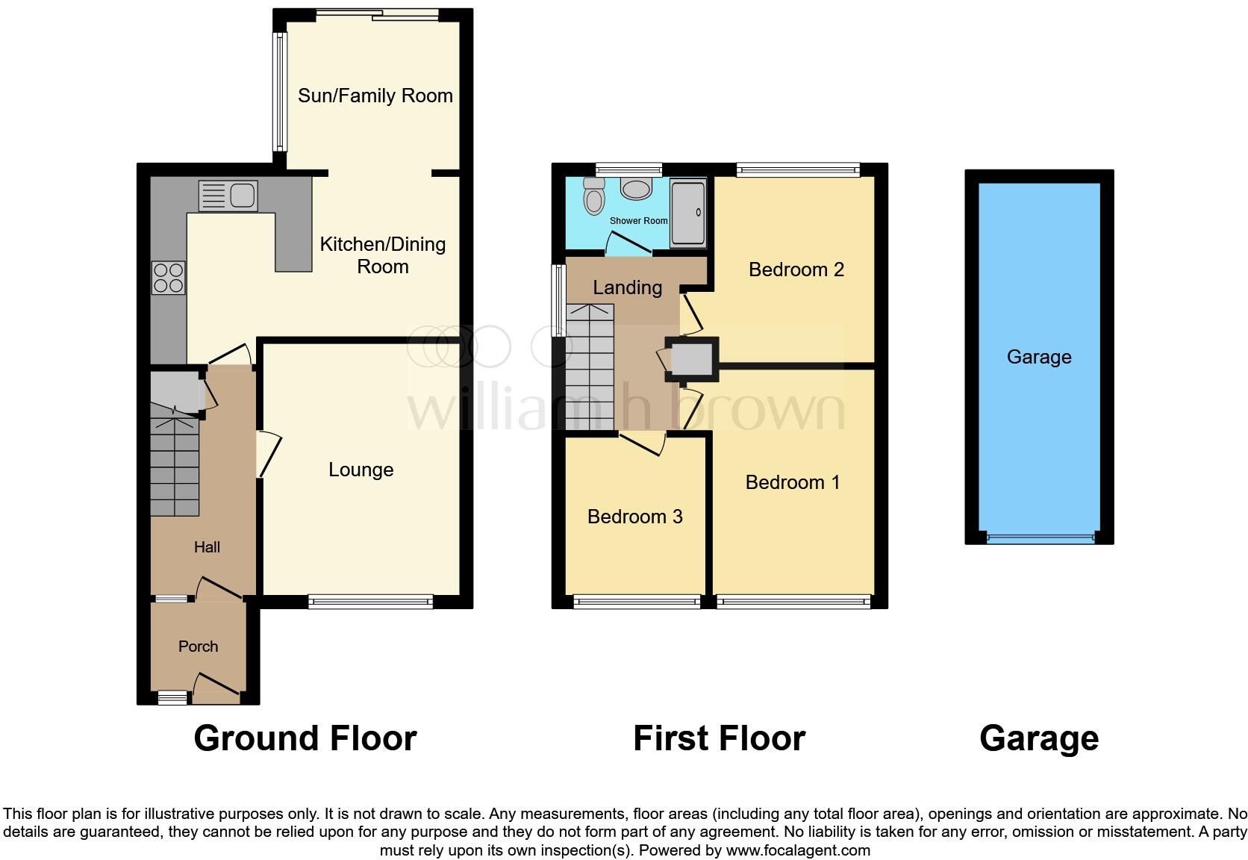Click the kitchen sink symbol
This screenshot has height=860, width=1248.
pyautogui.click(x=228, y=196)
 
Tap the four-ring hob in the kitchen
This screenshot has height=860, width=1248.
pyautogui.click(x=168, y=278)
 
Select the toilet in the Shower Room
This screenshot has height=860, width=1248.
pyautogui.click(x=594, y=198)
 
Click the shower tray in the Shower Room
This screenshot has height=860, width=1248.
pyautogui.click(x=687, y=213)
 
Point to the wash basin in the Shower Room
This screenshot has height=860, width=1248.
pyautogui.click(x=636, y=188)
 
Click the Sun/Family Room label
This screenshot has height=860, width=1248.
pyautogui.click(x=375, y=96)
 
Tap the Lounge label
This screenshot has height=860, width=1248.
pyautogui.click(x=361, y=470)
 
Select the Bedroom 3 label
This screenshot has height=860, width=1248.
pyautogui.click(x=634, y=517)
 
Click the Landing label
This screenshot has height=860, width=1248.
pyautogui.click(x=627, y=287)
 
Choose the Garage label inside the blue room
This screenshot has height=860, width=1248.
pyautogui.click(x=1038, y=357)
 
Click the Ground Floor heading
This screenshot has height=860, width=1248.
pyautogui.click(x=305, y=738)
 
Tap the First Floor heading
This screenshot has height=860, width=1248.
pyautogui.click(x=719, y=738)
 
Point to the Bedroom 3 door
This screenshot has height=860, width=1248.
pyautogui.click(x=643, y=443)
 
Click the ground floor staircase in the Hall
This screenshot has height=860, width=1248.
pyautogui.click(x=175, y=467)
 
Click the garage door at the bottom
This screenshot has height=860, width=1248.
pyautogui.click(x=1039, y=536)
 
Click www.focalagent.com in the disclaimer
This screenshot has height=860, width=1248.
pyautogui.click(x=798, y=850)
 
